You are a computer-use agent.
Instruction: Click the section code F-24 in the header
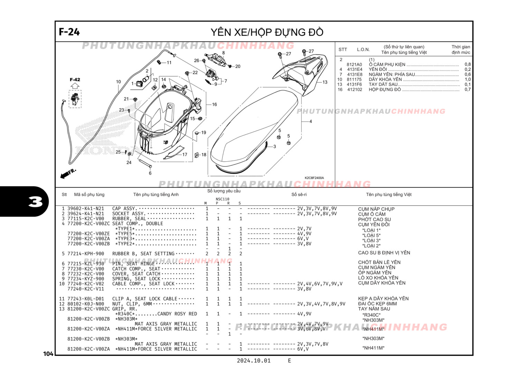(69, 32)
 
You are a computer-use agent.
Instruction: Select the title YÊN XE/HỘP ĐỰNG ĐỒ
(267, 32)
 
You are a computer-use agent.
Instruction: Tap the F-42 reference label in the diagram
(75, 79)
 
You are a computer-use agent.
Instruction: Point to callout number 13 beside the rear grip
(325, 82)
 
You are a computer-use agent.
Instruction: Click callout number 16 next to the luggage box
(214, 104)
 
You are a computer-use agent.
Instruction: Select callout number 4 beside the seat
(311, 121)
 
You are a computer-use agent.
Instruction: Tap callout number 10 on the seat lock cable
(118, 82)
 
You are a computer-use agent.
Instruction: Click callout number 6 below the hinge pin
(150, 173)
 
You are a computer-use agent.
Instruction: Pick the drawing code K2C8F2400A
(314, 178)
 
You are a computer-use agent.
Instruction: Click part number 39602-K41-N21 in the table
(85, 209)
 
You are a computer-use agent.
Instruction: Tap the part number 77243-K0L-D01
(85, 299)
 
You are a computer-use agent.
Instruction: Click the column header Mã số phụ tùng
(89, 194)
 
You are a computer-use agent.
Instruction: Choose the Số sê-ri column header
(299, 194)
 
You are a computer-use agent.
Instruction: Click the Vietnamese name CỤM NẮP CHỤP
(376, 209)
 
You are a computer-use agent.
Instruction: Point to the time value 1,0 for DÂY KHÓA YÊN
(468, 79)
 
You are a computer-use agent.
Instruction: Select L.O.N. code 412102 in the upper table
(355, 89)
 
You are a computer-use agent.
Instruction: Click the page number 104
(48, 354)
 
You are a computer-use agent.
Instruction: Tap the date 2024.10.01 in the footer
(253, 361)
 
